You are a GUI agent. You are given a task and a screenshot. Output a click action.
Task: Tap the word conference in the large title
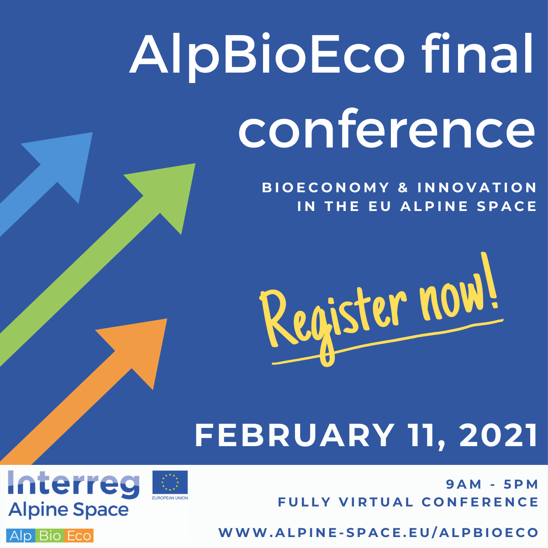pos(386,128)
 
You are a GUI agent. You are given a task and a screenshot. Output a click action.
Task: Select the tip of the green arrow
pos(195,163)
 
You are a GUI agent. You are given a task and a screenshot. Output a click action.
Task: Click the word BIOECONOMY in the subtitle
pos(326,188)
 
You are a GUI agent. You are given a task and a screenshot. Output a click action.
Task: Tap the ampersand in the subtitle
pos(403,188)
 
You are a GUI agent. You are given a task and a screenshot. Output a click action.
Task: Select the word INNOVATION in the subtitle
pos(477,188)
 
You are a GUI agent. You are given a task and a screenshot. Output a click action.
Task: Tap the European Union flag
pos(170,482)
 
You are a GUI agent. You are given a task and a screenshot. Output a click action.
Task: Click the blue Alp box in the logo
pos(21,536)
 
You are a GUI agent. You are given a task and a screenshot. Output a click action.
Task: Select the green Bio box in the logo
pos(50,536)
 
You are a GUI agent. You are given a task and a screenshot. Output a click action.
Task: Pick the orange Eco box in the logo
pos(79,536)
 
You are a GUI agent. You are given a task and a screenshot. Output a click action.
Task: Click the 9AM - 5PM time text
pos(492,485)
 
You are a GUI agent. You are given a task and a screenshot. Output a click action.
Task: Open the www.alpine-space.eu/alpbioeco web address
pos(378,532)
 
